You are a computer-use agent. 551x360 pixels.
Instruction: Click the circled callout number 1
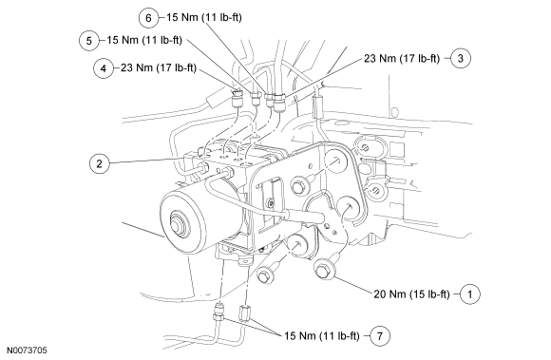[x=470, y=294]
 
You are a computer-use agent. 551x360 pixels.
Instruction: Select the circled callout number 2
[x=99, y=163]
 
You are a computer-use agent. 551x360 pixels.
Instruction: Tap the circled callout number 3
[x=461, y=58]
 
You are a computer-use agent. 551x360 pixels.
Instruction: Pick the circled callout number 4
[x=104, y=67]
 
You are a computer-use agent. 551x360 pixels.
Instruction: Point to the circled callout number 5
[x=89, y=40]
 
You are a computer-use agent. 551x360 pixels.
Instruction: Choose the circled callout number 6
[x=148, y=17]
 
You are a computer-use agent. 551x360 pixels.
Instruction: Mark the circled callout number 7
[x=380, y=335]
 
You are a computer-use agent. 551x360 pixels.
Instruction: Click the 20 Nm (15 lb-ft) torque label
[x=411, y=294]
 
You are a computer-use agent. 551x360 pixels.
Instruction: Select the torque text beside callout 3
[x=402, y=58]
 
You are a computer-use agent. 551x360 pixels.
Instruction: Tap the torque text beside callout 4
[x=159, y=67]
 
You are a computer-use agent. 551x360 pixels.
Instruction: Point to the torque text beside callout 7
[x=321, y=336]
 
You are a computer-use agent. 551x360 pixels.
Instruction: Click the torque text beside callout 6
[x=204, y=17]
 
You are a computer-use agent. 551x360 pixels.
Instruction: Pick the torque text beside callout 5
[x=144, y=40]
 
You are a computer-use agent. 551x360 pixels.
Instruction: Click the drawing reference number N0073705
[x=27, y=351]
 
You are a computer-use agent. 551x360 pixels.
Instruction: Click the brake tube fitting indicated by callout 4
[x=237, y=99]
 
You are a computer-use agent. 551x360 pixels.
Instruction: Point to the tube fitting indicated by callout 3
[x=279, y=102]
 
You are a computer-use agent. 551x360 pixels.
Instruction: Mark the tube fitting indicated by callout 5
[x=256, y=98]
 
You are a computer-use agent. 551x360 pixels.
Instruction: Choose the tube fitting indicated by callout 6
[x=269, y=100]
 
